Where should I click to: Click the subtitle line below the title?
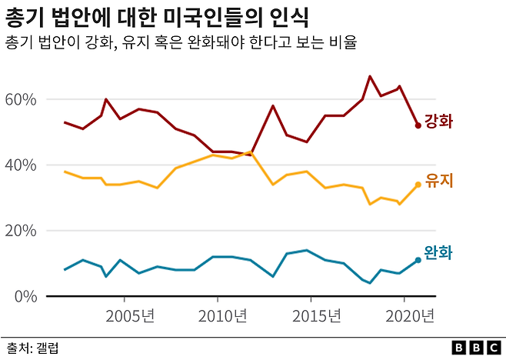pyautogui.click(x=181, y=43)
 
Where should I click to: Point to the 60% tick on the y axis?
pyautogui.click(x=21, y=100)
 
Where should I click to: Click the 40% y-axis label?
pyautogui.click(x=21, y=165)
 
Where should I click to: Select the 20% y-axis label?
pyautogui.click(x=21, y=231)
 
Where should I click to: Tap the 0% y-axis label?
pyautogui.click(x=25, y=296)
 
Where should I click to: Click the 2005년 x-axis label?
pyautogui.click(x=129, y=316)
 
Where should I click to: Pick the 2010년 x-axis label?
pyautogui.click(x=223, y=316)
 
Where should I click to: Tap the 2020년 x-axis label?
pyautogui.click(x=410, y=316)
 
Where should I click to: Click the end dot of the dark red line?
pyautogui.click(x=418, y=125)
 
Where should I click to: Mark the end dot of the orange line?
pyautogui.click(x=418, y=185)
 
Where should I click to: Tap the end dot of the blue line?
pyautogui.click(x=418, y=260)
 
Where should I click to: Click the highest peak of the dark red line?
pyautogui.click(x=370, y=76)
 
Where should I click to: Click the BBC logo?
pyautogui.click(x=474, y=348)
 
